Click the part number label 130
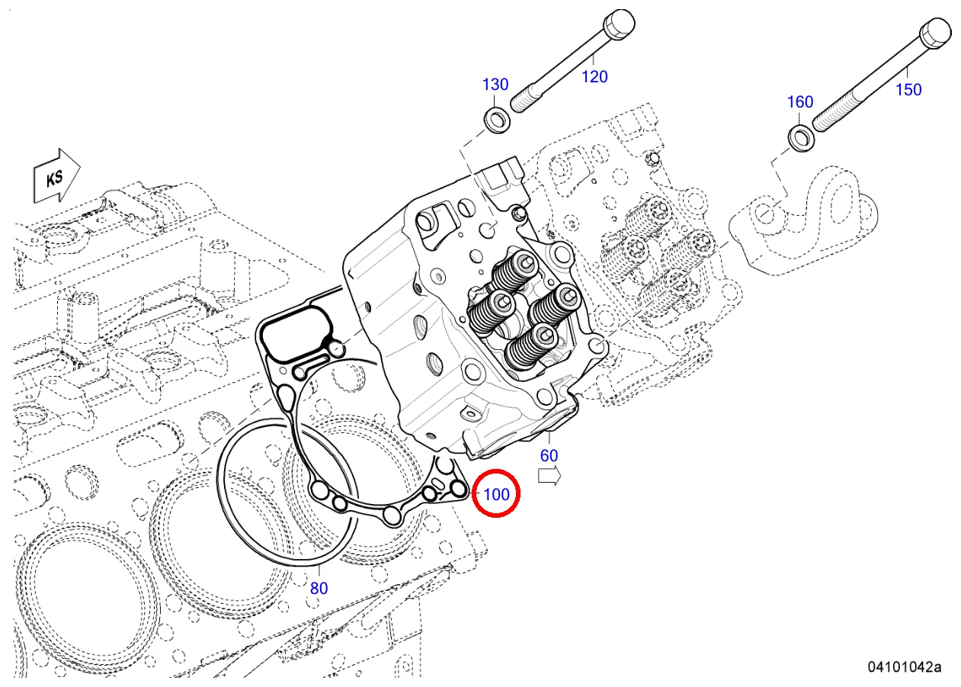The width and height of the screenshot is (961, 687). pos(495,84)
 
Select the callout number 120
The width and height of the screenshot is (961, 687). pos(594,76)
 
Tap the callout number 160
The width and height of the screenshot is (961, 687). pos(799,102)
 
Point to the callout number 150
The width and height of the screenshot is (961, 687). pos(908,89)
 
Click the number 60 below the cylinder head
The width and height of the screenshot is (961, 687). pos(549,456)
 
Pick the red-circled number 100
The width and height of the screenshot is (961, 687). pos(496,494)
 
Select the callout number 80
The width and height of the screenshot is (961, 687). pos(319,588)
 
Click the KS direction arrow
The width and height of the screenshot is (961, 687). pos(56,177)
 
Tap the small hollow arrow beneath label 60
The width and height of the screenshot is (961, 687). pos(549,477)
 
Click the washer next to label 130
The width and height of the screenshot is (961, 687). pos(498,119)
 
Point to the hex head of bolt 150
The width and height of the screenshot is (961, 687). pos(934,35)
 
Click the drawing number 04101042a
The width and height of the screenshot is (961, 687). pos(903,667)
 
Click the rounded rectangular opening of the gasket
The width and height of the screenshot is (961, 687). pos(296,333)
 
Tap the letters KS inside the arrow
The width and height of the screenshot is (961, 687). pos(54,178)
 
